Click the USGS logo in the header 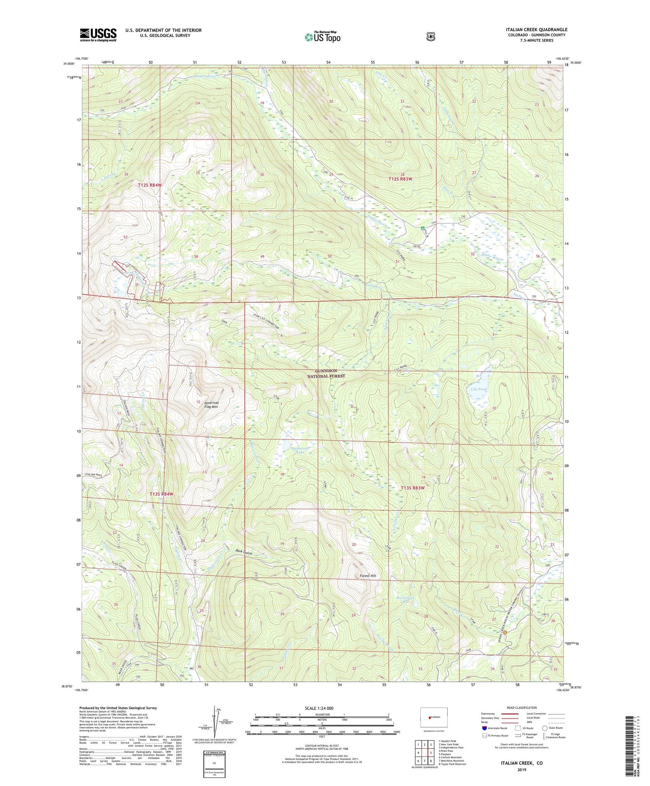(98, 35)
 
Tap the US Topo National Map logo (323, 36)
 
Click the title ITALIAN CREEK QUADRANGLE (536, 29)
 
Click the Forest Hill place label (368, 576)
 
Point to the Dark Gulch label (244, 551)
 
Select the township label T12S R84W (149, 185)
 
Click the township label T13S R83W (413, 488)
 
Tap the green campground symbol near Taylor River (422, 228)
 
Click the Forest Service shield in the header (430, 37)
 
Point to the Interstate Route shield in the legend (484, 728)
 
